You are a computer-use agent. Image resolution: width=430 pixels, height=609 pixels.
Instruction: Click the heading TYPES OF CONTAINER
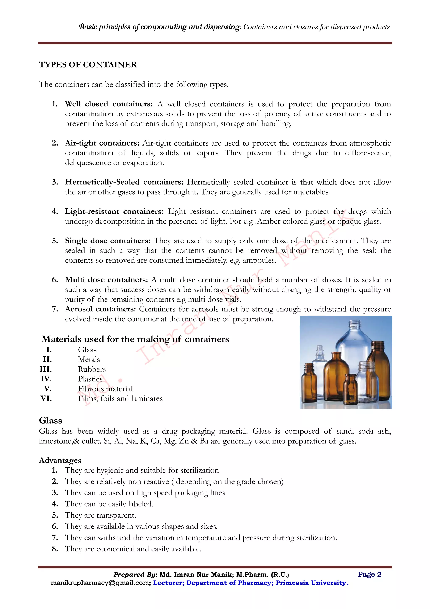(88, 65)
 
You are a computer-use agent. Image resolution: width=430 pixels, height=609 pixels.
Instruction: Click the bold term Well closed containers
(109, 104)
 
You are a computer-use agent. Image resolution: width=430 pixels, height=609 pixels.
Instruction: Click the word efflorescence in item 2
(367, 153)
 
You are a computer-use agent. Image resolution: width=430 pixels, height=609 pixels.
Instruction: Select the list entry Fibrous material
(105, 389)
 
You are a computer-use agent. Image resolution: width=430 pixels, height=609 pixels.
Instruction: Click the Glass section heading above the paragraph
(51, 421)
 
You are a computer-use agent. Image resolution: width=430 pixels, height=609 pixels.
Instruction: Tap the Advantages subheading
(60, 461)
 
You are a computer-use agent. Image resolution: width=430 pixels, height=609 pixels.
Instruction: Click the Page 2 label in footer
(369, 575)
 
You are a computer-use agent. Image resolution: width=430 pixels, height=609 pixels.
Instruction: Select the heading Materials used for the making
(135, 339)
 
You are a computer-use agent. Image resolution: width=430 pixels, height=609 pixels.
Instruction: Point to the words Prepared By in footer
(135, 575)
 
